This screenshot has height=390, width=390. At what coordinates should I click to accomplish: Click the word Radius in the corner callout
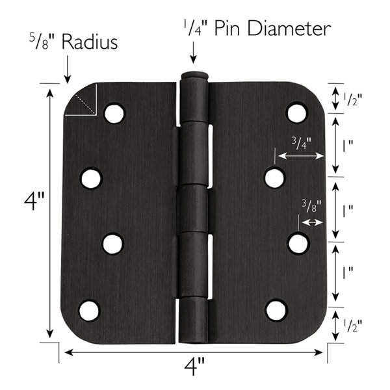tap(90, 44)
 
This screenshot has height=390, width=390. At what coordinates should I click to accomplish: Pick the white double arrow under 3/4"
tap(300, 156)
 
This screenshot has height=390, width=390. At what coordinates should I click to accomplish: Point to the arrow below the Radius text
tap(67, 70)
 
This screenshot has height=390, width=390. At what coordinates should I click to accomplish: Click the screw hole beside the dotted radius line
tap(114, 114)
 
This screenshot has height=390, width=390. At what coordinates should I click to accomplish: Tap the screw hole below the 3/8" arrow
tap(298, 243)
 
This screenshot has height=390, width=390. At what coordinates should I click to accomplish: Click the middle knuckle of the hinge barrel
tap(193, 207)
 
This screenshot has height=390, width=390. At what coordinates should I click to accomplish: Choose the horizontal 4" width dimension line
tap(194, 353)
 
